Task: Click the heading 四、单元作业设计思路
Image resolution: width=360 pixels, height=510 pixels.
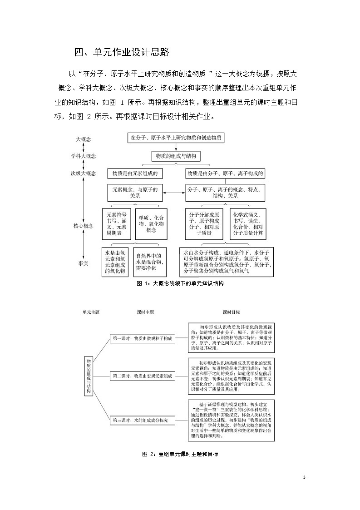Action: [x=122, y=53]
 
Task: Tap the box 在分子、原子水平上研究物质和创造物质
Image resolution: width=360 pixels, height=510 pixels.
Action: [x=175, y=138]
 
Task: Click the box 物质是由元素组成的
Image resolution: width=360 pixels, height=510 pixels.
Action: [x=135, y=173]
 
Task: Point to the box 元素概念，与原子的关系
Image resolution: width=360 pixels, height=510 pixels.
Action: [x=135, y=193]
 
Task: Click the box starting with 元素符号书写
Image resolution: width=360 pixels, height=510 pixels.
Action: [x=117, y=223]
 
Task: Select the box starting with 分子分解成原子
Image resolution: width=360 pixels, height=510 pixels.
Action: [x=204, y=223]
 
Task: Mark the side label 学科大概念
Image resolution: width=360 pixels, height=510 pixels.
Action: [x=83, y=156]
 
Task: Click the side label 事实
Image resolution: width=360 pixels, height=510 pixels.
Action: [x=83, y=262]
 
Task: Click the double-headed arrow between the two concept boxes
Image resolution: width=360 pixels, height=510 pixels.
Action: [x=174, y=193]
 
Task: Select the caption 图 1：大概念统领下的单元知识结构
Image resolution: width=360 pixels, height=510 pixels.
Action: [x=180, y=283]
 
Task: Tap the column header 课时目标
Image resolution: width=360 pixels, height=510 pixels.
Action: [x=231, y=312]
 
